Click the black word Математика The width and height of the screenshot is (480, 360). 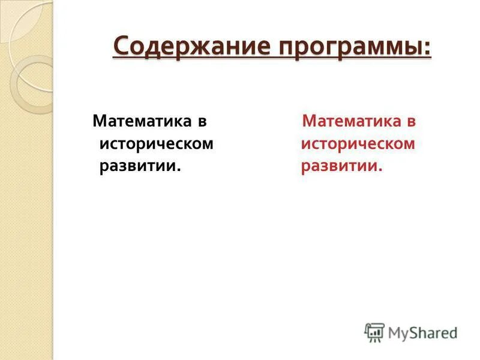coord(141,121)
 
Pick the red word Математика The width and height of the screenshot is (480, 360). coord(351,121)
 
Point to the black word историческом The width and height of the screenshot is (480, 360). coord(156,145)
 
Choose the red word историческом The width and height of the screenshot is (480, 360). coord(358,145)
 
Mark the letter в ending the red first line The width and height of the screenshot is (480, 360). coord(412,122)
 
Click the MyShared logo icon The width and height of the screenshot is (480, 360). coord(374,332)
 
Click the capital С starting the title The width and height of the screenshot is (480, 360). coord(121,46)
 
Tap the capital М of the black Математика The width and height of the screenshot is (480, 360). coord(99,121)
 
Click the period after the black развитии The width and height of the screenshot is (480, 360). coord(179,170)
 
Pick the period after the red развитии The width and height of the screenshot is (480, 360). coord(380,170)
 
